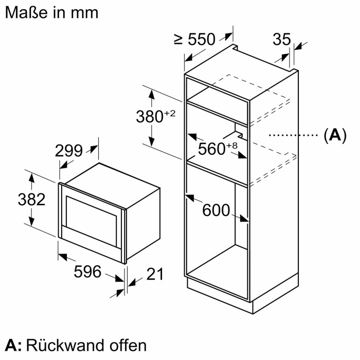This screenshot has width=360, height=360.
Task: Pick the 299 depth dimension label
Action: (x=68, y=151)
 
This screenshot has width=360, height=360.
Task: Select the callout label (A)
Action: (x=334, y=136)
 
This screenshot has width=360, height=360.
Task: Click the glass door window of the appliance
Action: (x=93, y=214)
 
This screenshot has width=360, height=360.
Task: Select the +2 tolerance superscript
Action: (x=169, y=113)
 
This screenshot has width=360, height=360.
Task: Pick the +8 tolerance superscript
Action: (x=231, y=146)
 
